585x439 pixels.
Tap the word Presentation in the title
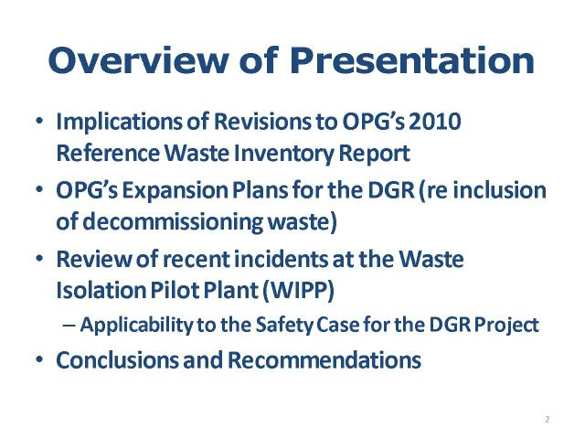[412, 60]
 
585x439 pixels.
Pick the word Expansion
[175, 191]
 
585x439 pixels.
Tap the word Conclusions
[118, 359]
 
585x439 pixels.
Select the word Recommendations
[324, 359]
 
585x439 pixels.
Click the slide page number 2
[547, 419]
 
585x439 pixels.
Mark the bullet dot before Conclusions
[39, 360]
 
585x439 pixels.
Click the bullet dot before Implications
[39, 122]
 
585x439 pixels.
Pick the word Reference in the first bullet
[108, 153]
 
